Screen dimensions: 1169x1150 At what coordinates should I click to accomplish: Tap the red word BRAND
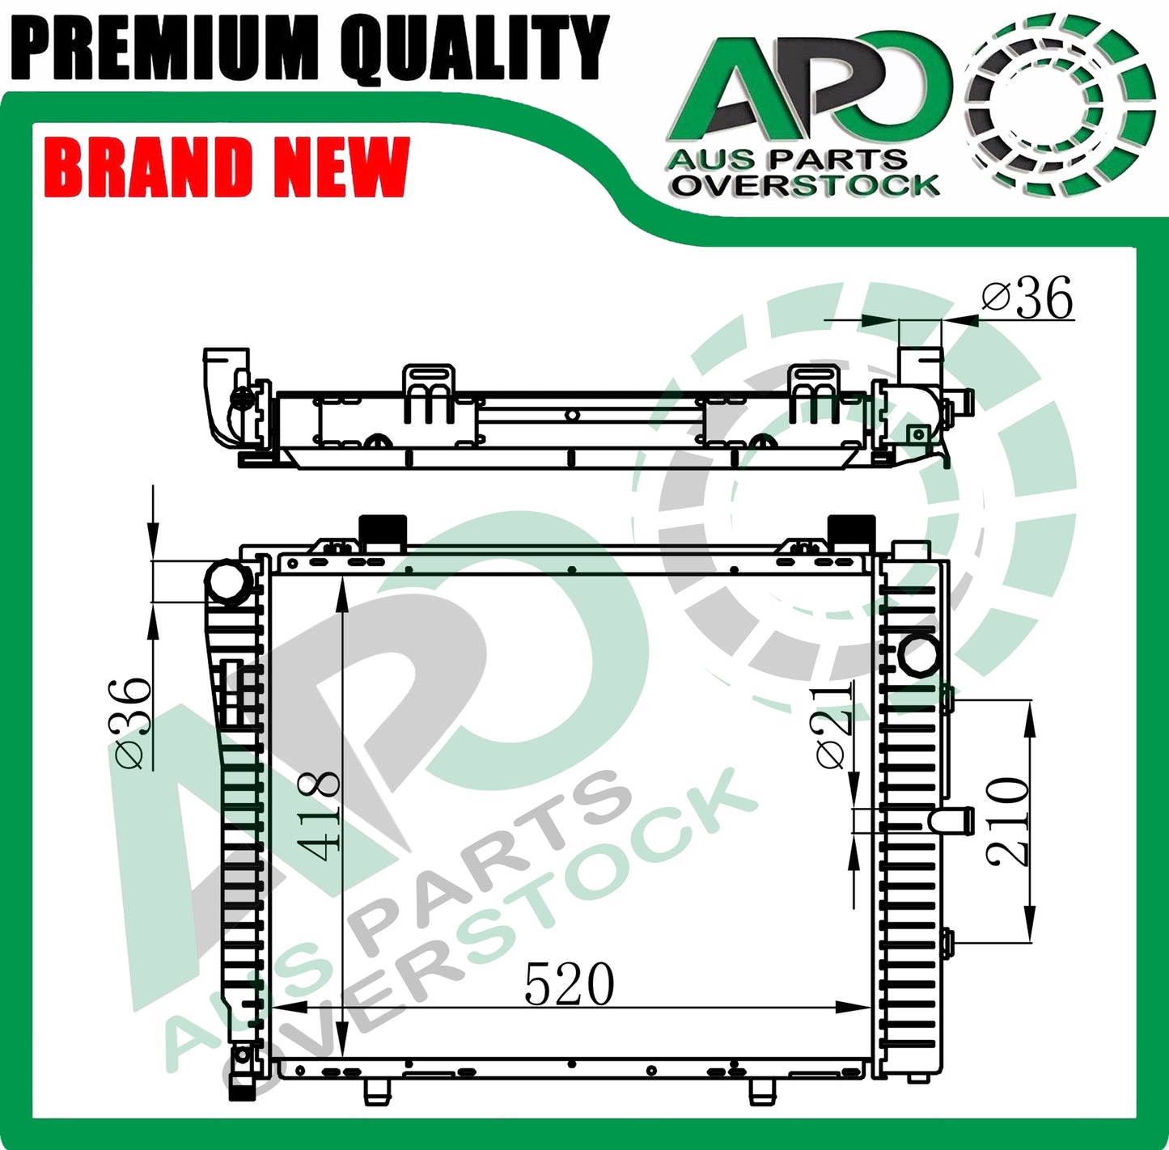click(x=149, y=167)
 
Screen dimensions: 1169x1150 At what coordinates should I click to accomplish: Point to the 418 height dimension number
click(x=320, y=816)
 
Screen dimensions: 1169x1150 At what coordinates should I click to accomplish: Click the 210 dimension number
click(x=1007, y=823)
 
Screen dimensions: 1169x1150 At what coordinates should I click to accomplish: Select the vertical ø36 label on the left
click(x=129, y=722)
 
